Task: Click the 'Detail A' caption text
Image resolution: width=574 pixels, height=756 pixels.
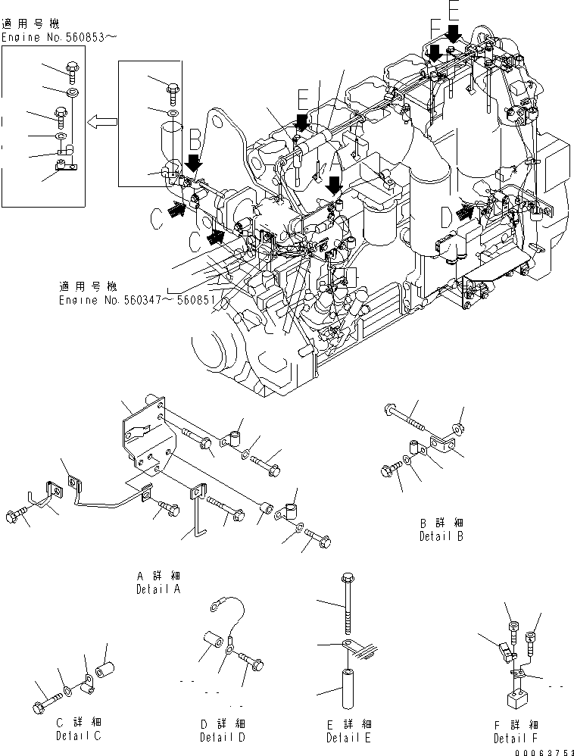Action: (x=158, y=589)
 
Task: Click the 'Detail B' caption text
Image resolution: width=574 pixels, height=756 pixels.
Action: (x=441, y=536)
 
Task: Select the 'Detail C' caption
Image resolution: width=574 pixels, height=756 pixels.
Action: (x=78, y=736)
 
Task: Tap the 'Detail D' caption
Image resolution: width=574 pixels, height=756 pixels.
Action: (x=223, y=737)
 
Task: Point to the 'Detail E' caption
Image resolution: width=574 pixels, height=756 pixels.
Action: (x=349, y=737)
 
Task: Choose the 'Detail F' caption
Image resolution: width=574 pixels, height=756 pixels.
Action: (x=516, y=738)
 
